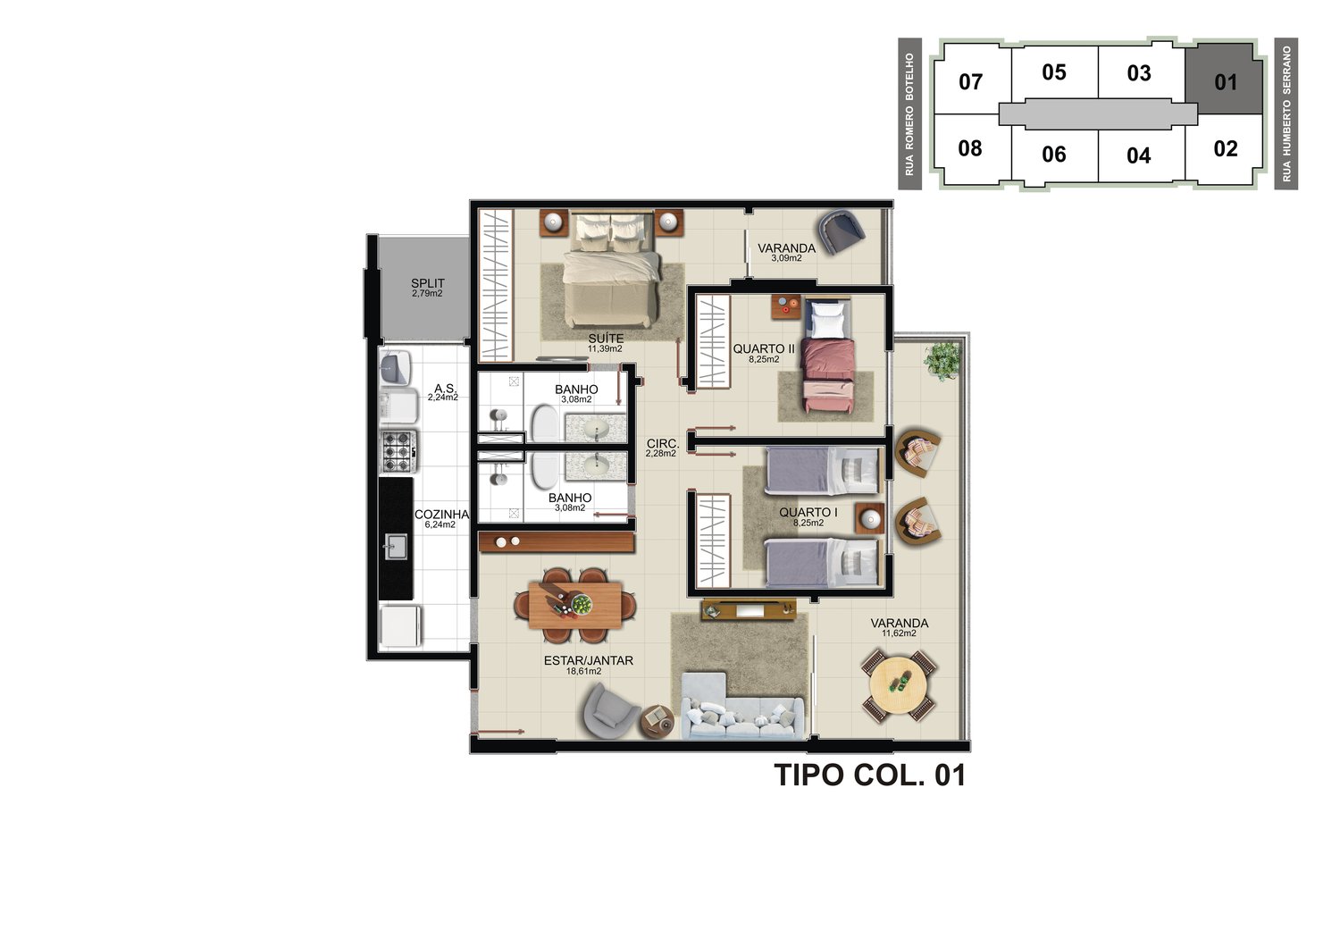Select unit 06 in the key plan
pos(1053,155)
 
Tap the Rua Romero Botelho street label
pos(909,114)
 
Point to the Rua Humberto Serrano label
pos(1286,114)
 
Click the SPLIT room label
pos(428,283)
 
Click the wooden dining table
pos(575,605)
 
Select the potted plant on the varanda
pos(942,361)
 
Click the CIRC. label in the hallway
pos(663,444)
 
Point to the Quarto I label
pos(808,512)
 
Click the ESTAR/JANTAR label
pos(588,660)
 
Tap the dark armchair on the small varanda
pos(842,231)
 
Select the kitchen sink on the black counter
pos(396,546)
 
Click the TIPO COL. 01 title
pos(870,775)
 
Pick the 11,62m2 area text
pos(899,633)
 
